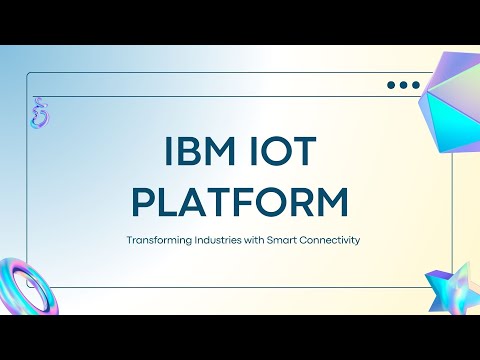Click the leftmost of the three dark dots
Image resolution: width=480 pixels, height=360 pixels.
[x=391, y=86]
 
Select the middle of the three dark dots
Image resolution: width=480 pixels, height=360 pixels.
[x=403, y=86]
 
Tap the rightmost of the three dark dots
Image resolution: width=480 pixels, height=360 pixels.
[x=415, y=86]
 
